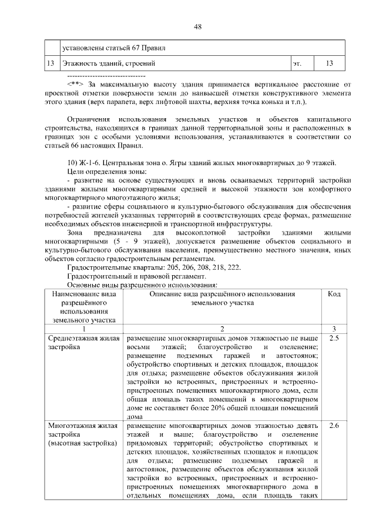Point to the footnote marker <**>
click(x=75, y=85)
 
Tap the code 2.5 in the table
click(x=334, y=339)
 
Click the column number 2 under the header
click(x=222, y=329)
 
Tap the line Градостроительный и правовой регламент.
click(x=139, y=276)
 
